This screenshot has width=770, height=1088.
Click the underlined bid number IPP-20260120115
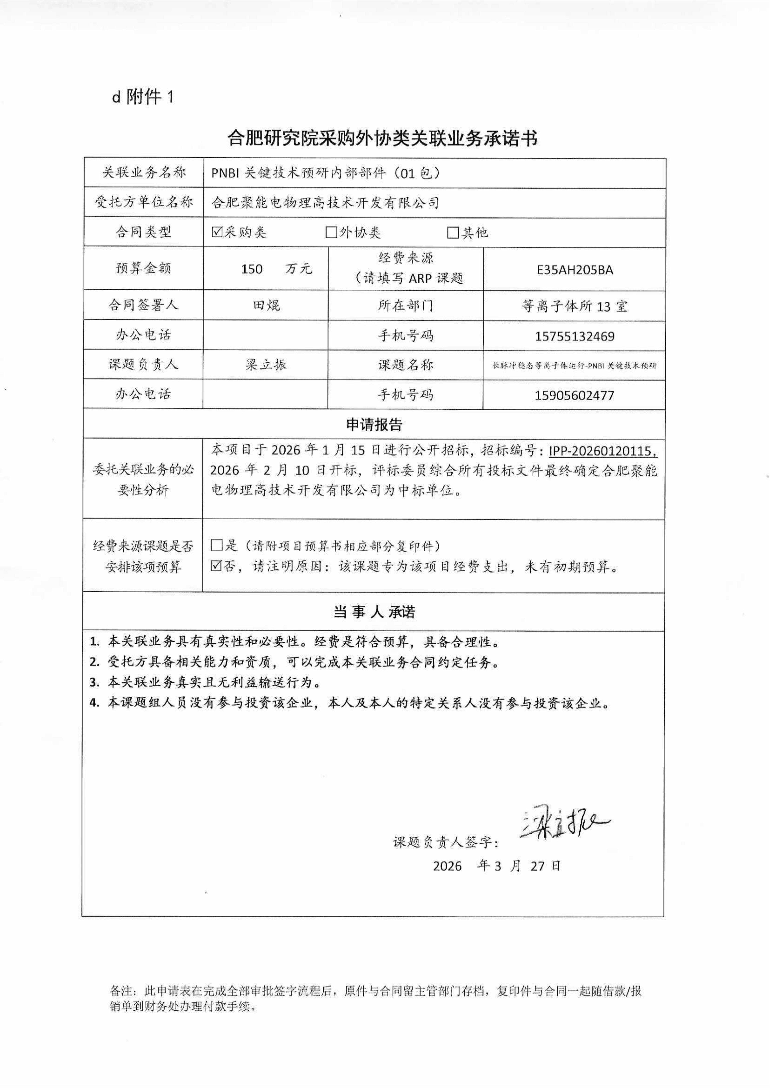pos(603,450)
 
